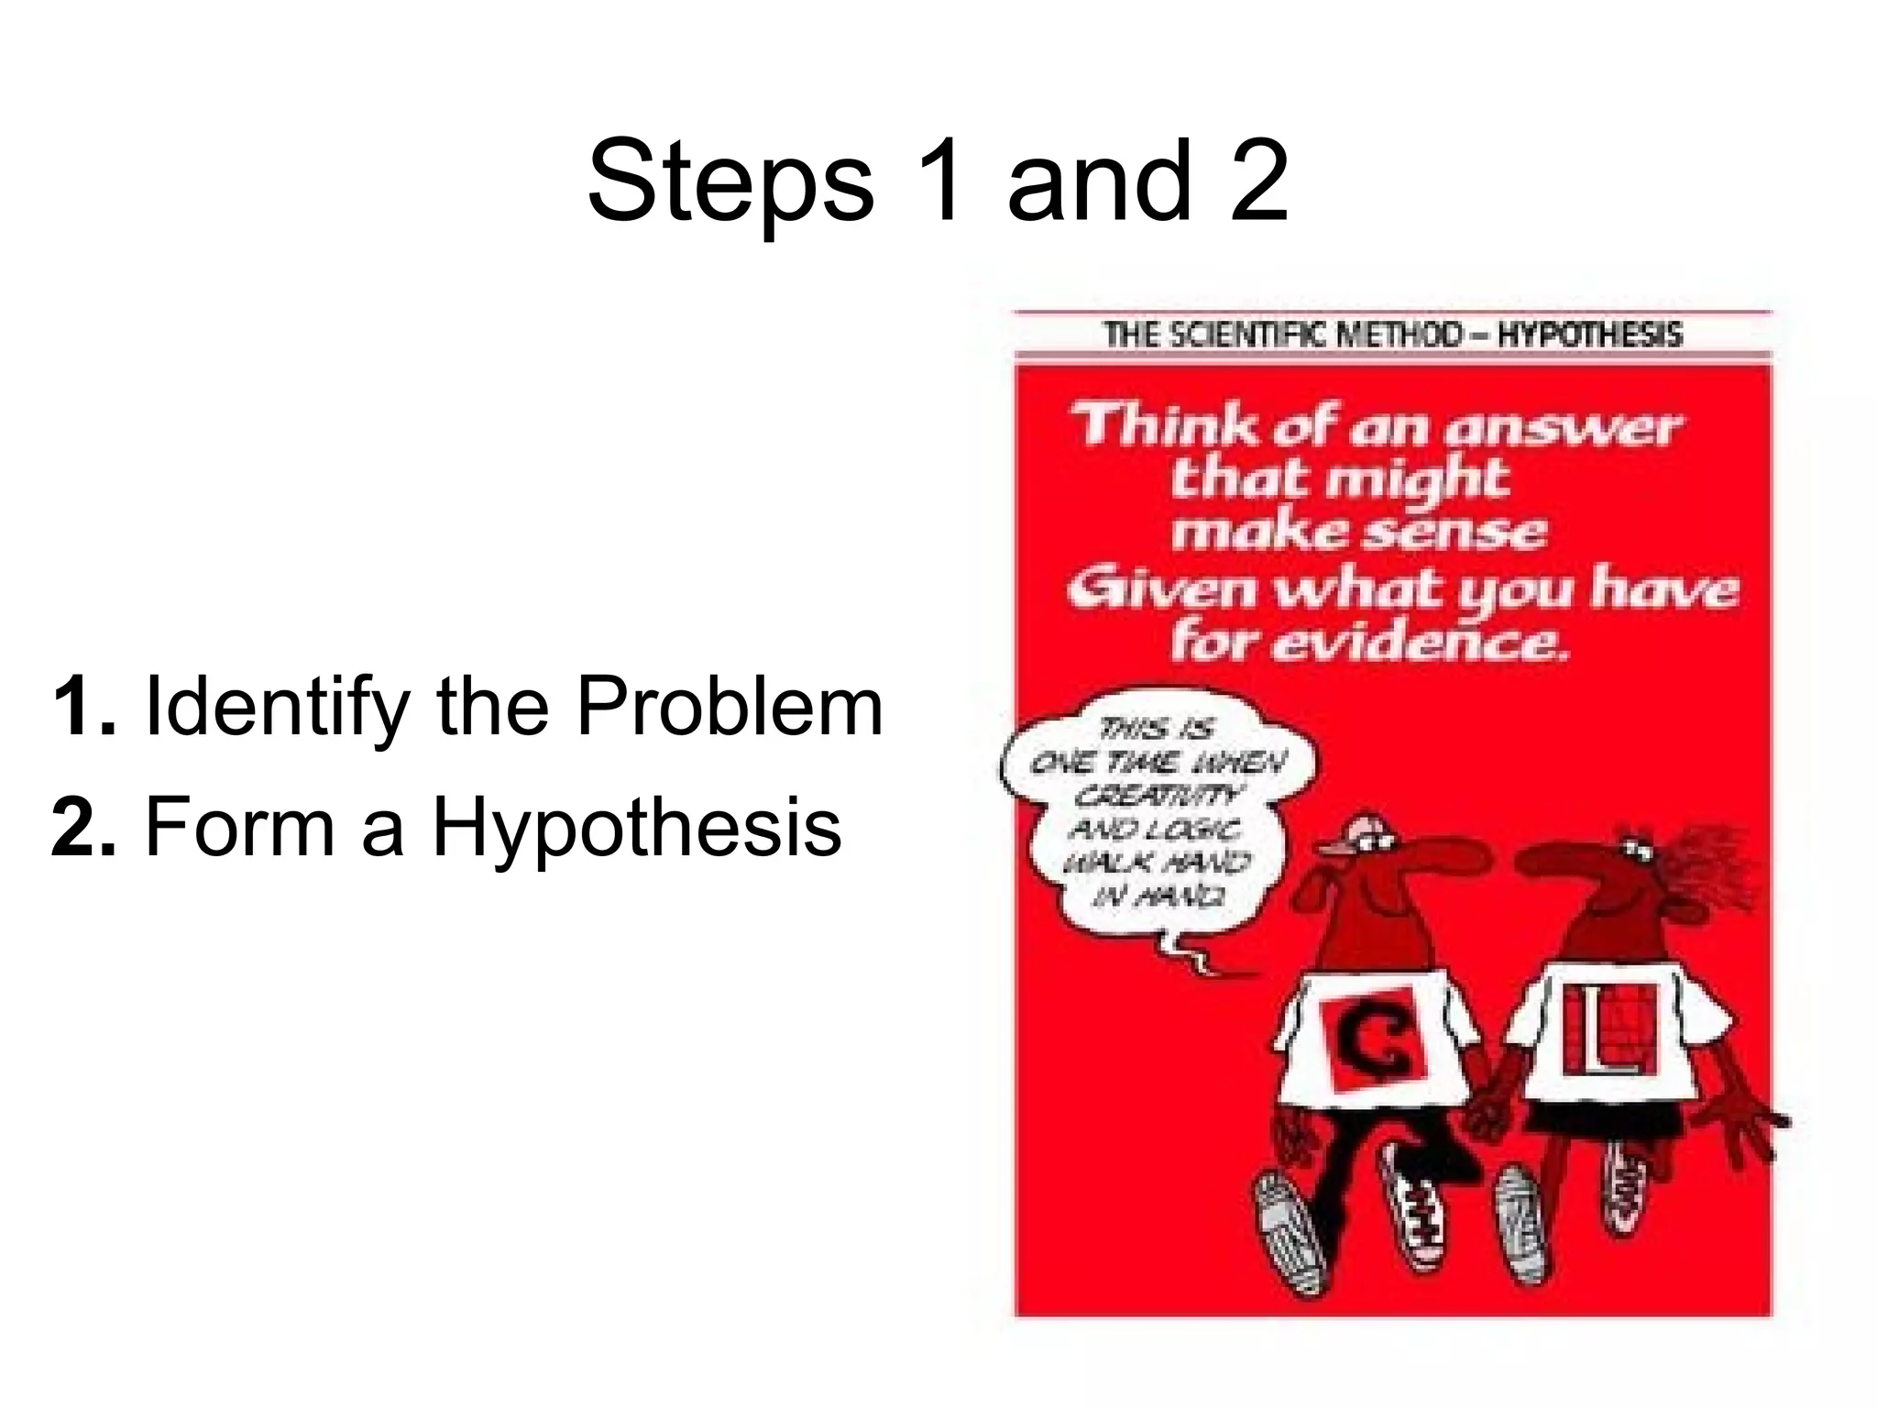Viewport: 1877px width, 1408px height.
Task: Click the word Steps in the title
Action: click(x=730, y=183)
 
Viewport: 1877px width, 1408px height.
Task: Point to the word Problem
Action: click(x=730, y=706)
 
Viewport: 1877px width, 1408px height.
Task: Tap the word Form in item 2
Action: click(x=241, y=827)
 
